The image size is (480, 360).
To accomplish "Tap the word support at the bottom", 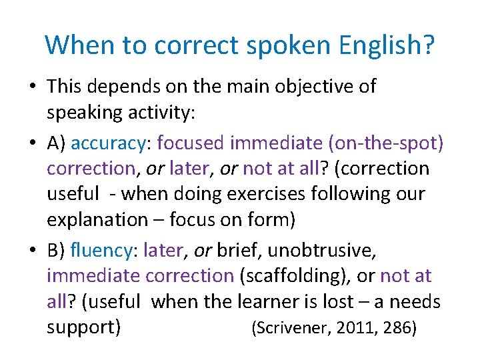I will [x=83, y=328].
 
